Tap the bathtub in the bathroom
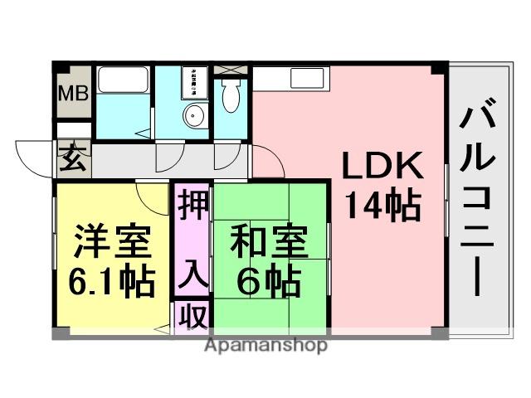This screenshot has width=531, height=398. point(123,80)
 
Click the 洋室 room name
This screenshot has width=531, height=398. point(112,243)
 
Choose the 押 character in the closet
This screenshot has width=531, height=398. point(192,203)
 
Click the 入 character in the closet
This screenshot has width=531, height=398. point(192,270)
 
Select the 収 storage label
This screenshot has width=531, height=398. point(192,317)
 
